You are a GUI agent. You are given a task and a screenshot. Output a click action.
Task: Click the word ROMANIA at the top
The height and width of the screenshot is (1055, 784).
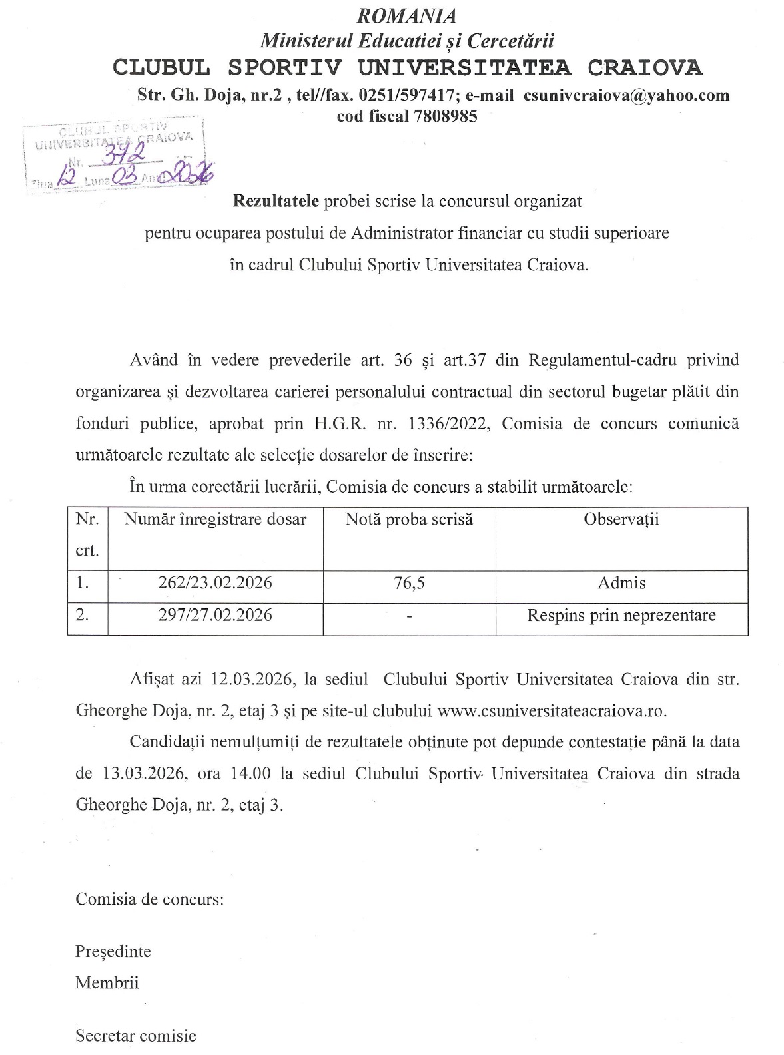pos(408,15)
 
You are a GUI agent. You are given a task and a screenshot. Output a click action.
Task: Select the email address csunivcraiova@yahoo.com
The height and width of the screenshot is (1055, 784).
pos(626,95)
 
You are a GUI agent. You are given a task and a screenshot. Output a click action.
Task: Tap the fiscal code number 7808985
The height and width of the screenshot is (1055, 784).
pos(445,116)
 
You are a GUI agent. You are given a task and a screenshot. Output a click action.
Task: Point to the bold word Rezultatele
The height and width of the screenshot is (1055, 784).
pos(276,201)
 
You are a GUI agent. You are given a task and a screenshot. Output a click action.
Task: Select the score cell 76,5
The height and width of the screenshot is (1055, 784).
pos(409,584)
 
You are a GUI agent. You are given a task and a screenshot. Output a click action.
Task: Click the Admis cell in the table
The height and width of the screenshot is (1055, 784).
pos(621,584)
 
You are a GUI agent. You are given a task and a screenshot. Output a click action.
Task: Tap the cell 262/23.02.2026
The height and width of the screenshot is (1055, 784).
pos(215,584)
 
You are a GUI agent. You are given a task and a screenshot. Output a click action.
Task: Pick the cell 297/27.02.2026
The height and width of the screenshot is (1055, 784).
pos(215,615)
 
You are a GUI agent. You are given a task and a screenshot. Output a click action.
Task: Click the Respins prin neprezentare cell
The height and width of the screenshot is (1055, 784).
pos(621,615)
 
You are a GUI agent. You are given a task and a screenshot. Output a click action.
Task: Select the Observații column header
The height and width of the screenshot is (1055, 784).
pos(621,520)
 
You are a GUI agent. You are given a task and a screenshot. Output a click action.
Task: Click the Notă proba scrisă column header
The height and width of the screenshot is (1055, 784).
pos(409,520)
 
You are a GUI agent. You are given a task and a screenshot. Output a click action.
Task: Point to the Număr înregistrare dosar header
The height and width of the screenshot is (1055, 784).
pos(215,520)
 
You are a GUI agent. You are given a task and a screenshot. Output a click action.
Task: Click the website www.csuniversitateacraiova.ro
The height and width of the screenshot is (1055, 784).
pos(552,711)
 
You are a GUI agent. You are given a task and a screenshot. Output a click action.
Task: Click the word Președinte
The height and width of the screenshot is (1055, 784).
pos(113,952)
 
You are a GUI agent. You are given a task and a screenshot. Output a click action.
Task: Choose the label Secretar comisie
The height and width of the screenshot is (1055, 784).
pos(136,1036)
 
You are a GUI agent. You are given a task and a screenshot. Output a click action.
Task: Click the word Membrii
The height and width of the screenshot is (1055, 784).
pos(107,983)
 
